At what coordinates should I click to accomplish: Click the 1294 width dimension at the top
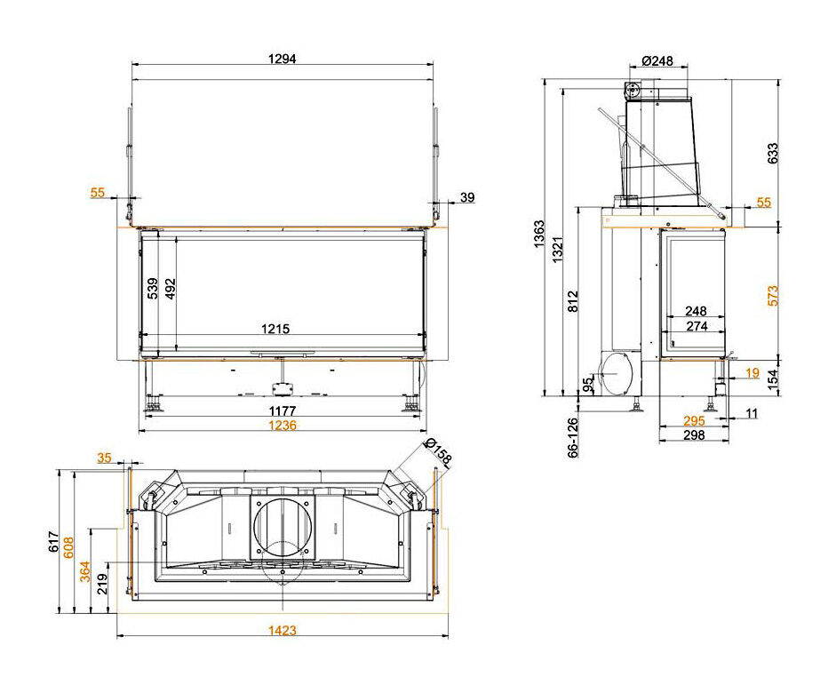point(282,58)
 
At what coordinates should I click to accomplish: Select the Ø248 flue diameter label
point(657,60)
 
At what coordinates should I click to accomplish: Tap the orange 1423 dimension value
point(282,630)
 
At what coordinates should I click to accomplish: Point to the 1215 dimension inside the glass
point(275,329)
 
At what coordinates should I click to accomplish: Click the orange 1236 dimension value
point(282,426)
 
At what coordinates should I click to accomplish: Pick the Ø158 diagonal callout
point(437,453)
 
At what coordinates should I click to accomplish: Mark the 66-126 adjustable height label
point(572,438)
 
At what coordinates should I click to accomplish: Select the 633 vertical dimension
point(773,153)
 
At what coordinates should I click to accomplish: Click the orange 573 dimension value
point(773,296)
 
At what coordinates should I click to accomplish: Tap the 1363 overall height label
point(539,234)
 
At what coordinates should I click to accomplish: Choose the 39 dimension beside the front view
point(467,197)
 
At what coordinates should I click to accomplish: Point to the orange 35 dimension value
point(105,458)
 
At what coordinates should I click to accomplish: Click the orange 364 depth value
point(85,571)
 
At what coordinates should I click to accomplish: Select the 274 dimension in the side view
point(697,326)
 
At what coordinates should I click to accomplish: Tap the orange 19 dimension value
point(752,373)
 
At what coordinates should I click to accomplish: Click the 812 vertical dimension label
point(574,301)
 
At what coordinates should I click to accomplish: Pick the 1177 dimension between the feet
point(283,410)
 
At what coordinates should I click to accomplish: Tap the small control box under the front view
point(283,389)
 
